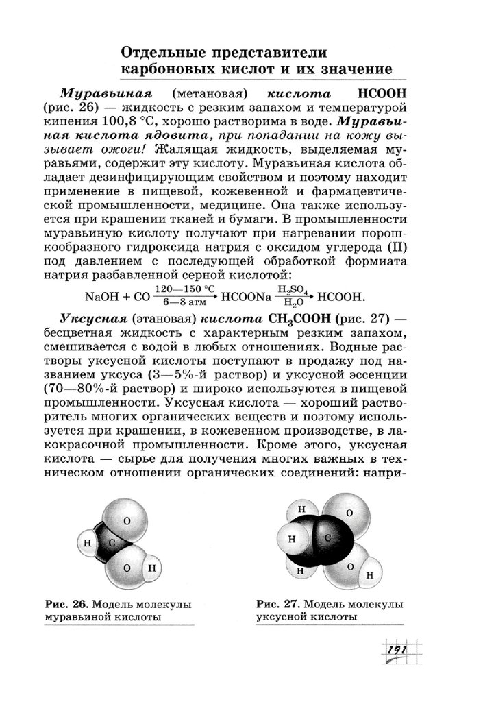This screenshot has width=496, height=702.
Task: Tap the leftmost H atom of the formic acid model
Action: click(87, 544)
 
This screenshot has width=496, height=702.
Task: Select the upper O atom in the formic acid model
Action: click(127, 520)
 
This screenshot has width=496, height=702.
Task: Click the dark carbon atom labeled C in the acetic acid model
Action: click(328, 538)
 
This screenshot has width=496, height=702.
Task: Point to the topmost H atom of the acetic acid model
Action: click(299, 509)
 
